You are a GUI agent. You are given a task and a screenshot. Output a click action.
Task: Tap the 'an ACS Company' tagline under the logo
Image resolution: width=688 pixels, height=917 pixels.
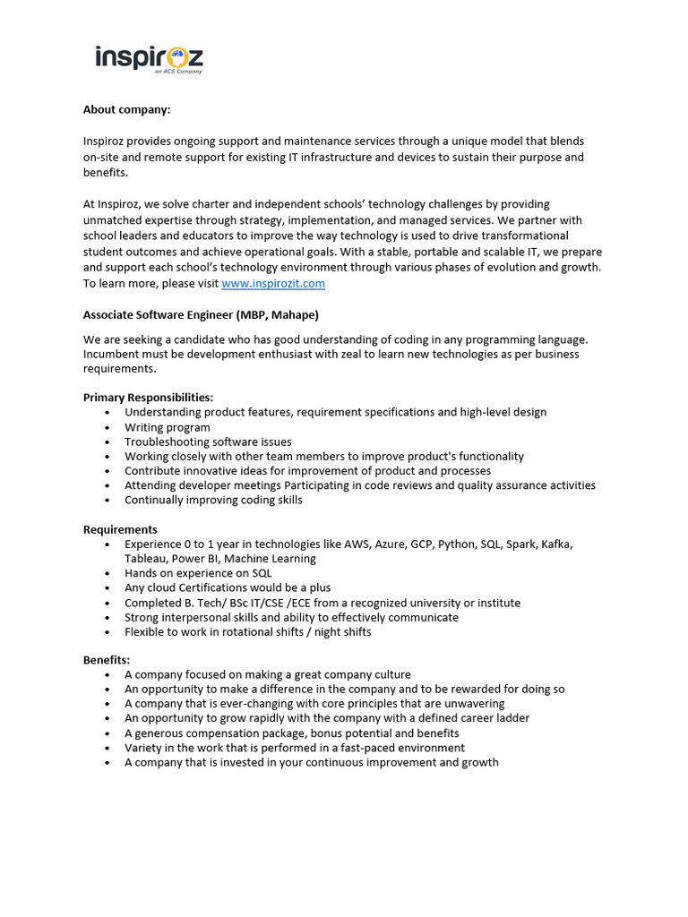pos(177,72)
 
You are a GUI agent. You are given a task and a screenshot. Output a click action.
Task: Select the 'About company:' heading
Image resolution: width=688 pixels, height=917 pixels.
pos(126,109)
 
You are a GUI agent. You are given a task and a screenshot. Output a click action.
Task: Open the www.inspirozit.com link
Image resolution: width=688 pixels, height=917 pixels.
pos(273,284)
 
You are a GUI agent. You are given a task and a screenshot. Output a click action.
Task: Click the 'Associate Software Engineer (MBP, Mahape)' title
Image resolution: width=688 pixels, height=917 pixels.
pos(201,315)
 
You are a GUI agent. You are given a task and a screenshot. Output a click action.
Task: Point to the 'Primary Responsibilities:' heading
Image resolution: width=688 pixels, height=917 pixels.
pos(149,397)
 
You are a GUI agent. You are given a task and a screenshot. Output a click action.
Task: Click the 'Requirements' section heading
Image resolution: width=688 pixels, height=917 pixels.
pos(120,529)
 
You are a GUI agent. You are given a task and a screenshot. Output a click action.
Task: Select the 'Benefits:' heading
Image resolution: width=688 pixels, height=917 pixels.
pos(107,660)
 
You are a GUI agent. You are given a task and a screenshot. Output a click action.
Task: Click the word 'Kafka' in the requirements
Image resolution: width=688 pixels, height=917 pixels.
pos(555,544)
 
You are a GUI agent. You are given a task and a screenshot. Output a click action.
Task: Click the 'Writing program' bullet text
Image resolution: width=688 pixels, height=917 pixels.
pos(168,427)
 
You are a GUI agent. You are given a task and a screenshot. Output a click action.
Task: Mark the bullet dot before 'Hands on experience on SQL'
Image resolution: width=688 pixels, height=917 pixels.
pos(107,573)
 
